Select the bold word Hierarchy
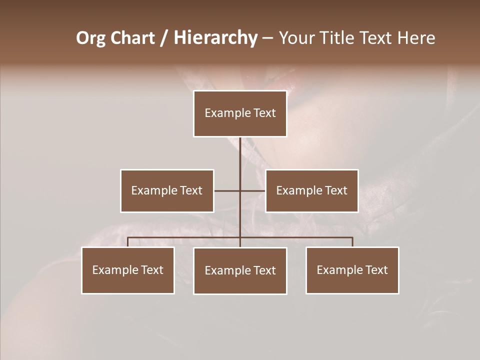point(215,38)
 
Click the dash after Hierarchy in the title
point(267,38)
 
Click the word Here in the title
point(416,38)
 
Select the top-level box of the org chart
point(240,113)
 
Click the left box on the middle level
point(167,190)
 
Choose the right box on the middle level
point(312,190)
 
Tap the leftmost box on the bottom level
point(128,270)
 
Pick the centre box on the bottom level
point(240,270)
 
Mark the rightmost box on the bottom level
point(352,270)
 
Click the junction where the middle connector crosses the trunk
point(240,190)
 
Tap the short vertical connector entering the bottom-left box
point(128,242)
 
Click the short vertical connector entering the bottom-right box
point(352,242)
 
